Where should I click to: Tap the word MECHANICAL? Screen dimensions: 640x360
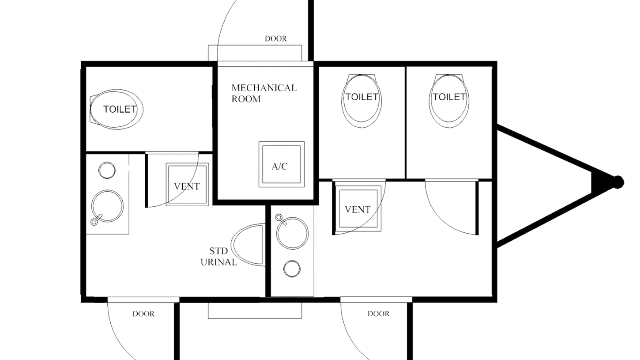coord(264,87)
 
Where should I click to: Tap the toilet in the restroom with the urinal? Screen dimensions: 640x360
coord(117,109)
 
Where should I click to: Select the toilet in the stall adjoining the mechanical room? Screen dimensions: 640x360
coord(361,98)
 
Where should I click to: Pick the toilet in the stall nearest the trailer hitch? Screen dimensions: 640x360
coord(448,98)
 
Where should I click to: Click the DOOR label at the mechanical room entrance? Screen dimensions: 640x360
coord(276,39)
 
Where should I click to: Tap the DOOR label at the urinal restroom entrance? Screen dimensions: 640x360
coord(143,315)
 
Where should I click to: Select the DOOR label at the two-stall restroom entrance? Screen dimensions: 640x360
coord(379,314)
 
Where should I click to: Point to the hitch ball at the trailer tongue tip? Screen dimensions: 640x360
coord(620,181)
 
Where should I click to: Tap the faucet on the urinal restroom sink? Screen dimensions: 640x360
coord(94,222)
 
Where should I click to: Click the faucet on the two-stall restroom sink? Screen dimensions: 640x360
coord(279,217)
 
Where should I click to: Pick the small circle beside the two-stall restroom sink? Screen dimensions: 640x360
coord(291,268)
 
